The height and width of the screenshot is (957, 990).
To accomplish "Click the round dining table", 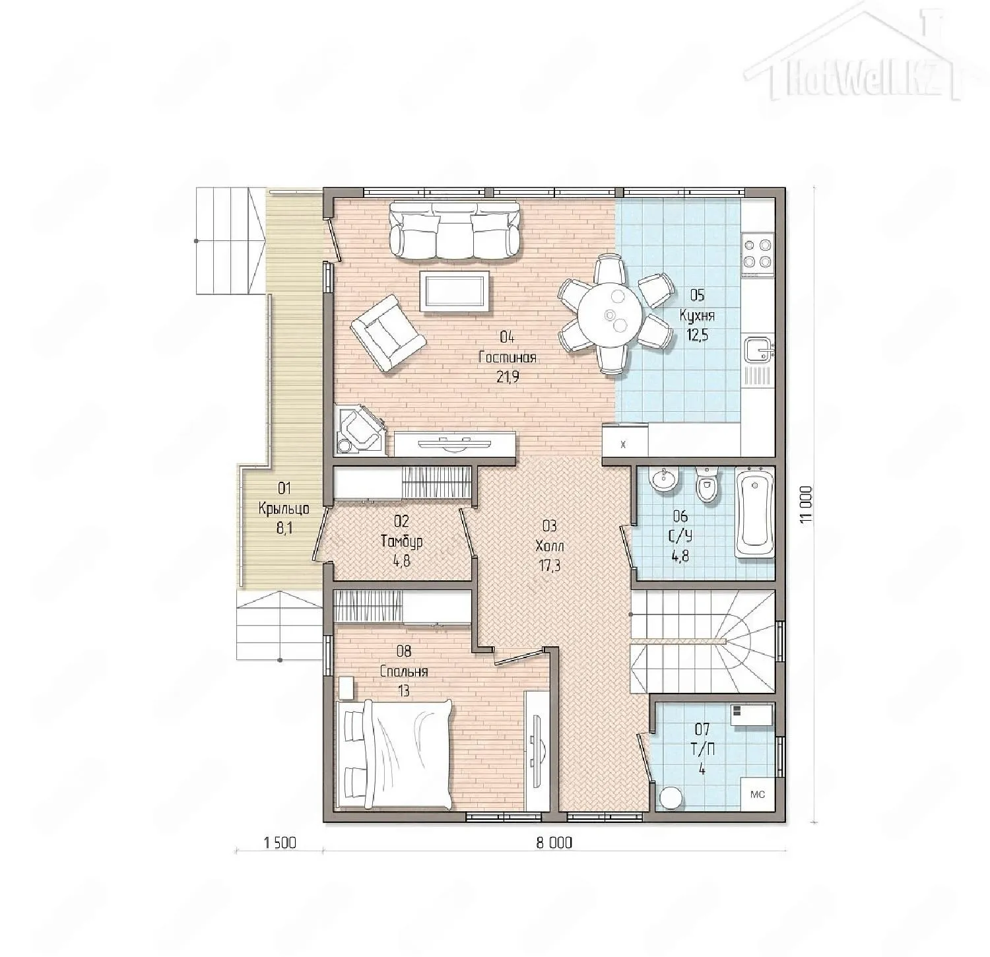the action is point(611,315).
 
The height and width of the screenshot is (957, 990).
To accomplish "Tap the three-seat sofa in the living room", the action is point(455,230).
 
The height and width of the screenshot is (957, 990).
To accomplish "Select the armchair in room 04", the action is point(387,332).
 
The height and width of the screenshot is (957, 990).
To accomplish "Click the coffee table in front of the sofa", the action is point(455,291).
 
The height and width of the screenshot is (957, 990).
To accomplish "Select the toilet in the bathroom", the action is point(706,485).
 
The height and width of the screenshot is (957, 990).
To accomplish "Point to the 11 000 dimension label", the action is point(805,506).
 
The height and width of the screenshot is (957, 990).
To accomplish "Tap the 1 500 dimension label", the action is point(280,843).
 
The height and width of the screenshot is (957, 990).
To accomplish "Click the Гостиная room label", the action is point(507,358).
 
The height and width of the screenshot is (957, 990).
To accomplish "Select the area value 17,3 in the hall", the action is point(549,565).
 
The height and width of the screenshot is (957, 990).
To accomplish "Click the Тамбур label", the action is point(402,542).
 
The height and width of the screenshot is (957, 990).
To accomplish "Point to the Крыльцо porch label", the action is point(284,509).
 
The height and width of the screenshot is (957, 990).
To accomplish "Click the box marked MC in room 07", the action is point(758,794).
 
